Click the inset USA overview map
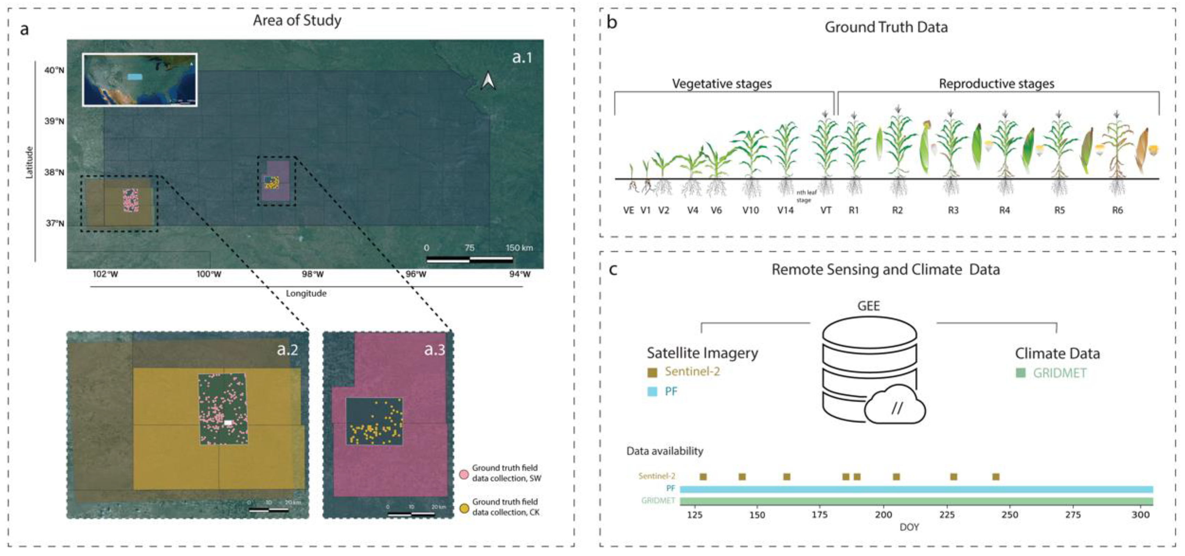140,80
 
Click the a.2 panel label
287,350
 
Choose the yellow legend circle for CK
464,508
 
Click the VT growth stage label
826,210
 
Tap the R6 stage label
1117,210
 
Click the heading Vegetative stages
721,84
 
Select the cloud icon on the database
895,407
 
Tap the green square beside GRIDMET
1021,373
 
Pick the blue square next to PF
652,392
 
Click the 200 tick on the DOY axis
883,515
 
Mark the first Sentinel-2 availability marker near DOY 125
703,477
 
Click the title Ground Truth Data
886,27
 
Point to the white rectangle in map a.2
228,422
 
